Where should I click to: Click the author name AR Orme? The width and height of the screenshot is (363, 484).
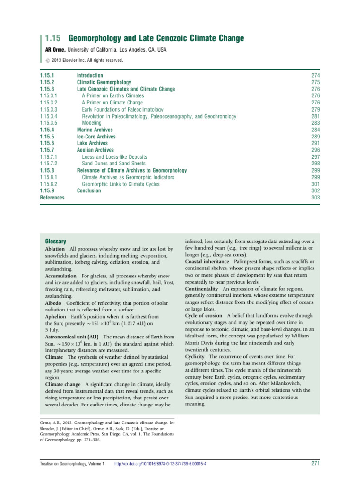pos(54,50)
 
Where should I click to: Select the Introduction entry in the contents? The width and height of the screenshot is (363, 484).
pos(90,76)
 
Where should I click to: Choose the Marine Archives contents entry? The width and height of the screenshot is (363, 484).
pos(95,130)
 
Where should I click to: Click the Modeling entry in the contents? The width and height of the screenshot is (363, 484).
pos(92,123)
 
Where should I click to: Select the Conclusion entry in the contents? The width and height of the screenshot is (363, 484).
pos(89,190)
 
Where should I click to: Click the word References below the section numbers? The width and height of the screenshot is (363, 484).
pos(52,198)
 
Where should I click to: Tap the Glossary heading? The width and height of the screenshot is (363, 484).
pos(55,241)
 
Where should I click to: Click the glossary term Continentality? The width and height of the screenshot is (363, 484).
pos(201,288)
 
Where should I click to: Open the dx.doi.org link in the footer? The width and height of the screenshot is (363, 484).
pos(160,464)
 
